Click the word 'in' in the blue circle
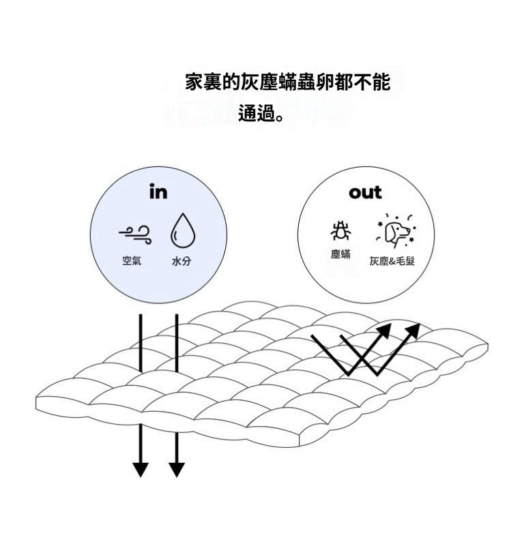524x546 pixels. (x=158, y=192)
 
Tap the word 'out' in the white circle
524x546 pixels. (x=365, y=193)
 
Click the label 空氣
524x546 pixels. (x=132, y=261)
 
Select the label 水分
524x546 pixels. (x=181, y=261)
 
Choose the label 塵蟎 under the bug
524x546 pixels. (x=340, y=254)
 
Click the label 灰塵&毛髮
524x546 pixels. (x=392, y=262)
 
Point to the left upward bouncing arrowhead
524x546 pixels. (x=384, y=331)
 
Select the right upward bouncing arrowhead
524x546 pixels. (x=413, y=331)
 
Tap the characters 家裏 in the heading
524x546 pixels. (x=202, y=83)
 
